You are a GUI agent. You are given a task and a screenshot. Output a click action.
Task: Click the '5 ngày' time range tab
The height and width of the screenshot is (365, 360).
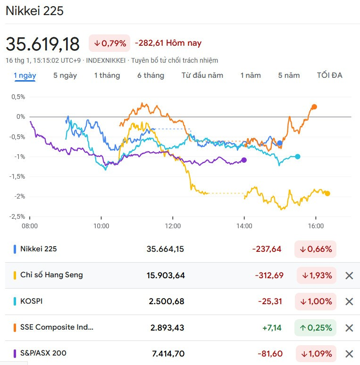pos(65,75)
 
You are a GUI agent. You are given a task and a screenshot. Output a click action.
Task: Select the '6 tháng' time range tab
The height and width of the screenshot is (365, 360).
pos(151,75)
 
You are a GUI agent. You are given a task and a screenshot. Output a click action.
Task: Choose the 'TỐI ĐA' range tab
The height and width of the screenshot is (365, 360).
pos(329,75)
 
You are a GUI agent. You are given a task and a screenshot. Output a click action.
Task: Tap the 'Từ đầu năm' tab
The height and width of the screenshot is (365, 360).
pos(202,75)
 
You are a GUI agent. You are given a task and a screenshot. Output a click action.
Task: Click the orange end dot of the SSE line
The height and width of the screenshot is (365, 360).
pos(314,107)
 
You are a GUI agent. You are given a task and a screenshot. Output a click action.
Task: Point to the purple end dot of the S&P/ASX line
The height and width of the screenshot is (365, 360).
pos(244,160)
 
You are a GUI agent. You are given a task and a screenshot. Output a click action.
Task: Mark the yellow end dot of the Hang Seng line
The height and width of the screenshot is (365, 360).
pos(327,193)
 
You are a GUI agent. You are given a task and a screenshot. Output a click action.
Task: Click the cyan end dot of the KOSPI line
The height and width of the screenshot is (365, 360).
pos(297,157)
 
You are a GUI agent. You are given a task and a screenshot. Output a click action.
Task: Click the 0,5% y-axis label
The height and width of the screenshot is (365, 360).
pos(17,97)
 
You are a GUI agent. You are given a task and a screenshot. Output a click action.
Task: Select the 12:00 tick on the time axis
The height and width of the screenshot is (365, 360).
pos(173,226)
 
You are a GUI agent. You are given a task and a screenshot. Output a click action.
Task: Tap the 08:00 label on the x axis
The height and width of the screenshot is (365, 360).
pos(30,226)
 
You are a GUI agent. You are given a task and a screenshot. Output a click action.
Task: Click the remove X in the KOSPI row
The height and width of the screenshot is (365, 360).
pos(349,302)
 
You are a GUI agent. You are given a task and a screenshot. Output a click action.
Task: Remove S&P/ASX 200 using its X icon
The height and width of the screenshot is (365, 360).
pos(349,354)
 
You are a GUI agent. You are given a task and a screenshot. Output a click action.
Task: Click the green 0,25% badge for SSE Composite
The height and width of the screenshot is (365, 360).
pos(315,328)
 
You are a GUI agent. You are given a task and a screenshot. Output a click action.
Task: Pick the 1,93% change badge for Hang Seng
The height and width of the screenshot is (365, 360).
pos(317,275)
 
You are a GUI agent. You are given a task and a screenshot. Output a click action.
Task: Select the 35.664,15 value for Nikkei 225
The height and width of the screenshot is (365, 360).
pos(166,249)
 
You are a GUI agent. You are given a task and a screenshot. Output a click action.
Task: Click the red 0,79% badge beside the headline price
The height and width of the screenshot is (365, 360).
pos(109,43)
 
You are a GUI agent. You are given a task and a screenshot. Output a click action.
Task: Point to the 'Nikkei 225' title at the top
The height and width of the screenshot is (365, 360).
pos(34,11)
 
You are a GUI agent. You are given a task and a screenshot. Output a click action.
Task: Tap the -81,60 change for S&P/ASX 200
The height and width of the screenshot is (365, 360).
pos(270,354)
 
